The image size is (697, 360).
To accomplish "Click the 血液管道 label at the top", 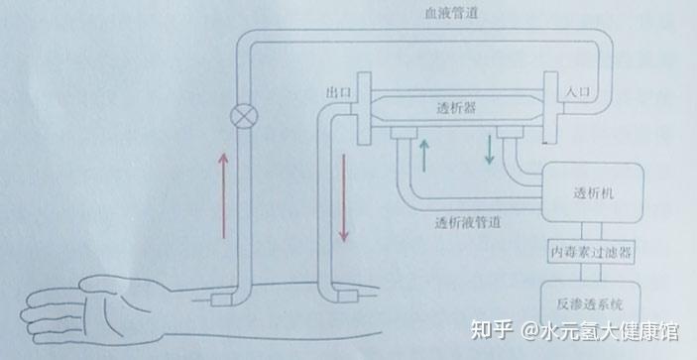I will [x=437, y=12].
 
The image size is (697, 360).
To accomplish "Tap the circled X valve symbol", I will [x=240, y=114].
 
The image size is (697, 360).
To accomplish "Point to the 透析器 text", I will [x=457, y=106].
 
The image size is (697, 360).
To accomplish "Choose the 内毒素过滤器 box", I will [x=592, y=252].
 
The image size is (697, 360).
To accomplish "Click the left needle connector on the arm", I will [x=225, y=297].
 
